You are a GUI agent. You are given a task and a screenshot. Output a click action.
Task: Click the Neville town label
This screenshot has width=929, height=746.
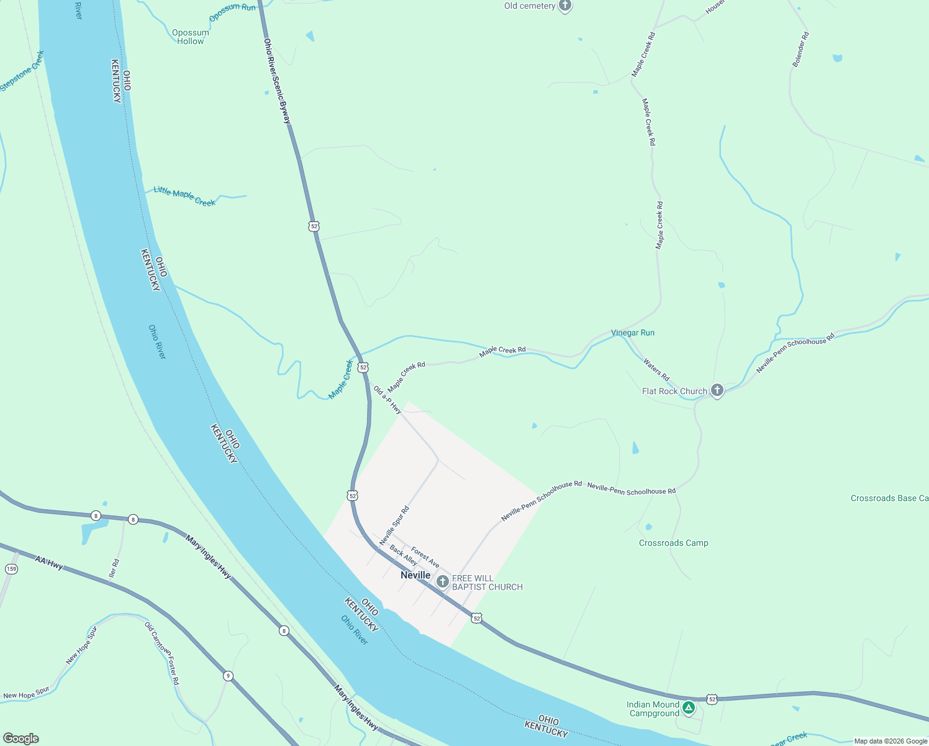415,575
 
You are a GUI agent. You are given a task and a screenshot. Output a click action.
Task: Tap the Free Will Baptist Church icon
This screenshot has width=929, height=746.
442,582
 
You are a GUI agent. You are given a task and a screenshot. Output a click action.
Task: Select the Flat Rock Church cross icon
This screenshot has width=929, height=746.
717,390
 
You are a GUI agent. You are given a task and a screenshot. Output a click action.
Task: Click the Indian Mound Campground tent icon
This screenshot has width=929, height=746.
688,707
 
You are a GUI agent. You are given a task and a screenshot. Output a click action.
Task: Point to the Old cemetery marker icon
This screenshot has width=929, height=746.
564,6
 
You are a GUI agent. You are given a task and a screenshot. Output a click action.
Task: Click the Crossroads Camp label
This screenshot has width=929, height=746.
673,543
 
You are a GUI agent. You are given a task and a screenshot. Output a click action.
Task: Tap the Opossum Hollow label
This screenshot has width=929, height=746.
190,37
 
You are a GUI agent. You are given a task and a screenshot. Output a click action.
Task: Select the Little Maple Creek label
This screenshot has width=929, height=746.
184,196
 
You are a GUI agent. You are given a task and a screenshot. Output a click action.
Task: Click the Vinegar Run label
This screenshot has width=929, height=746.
632,333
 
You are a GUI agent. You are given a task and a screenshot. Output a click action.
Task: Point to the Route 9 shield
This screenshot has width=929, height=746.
229,676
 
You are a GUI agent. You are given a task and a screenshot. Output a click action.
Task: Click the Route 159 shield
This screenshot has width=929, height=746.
11,569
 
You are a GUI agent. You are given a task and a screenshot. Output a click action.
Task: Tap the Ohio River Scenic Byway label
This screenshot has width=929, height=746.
277,81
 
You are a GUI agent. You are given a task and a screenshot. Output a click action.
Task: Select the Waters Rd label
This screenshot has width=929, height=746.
656,369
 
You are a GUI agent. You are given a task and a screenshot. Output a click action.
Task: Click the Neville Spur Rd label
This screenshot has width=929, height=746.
394,526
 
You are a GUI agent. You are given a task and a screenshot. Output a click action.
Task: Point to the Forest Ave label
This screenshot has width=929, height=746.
425,557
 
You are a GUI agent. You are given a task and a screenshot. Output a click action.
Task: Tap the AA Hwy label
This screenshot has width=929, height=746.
49,563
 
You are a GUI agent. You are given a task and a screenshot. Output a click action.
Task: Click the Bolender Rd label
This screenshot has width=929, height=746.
800,49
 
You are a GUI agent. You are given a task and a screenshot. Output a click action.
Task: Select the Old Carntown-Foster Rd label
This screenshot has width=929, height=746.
162,653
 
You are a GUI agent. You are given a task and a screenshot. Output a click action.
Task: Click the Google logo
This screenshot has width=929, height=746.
21,739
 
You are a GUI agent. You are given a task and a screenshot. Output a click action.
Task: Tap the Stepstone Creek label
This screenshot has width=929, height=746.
22,71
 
